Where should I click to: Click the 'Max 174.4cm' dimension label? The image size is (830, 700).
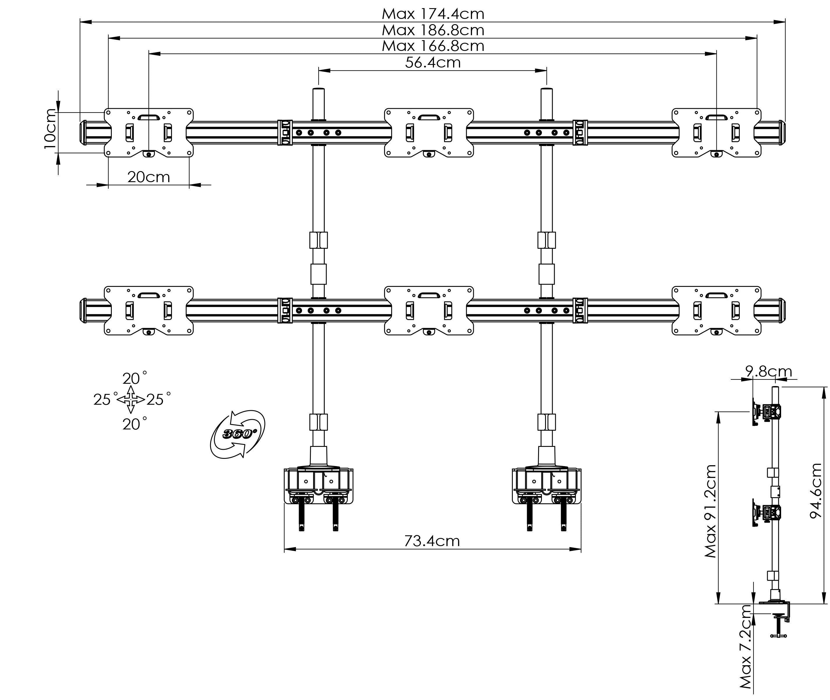pyautogui.click(x=433, y=14)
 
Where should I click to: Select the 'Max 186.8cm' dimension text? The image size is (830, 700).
pyautogui.click(x=433, y=31)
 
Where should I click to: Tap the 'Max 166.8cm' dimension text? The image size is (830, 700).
pyautogui.click(x=433, y=46)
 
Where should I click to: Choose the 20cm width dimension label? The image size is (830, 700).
pyautogui.click(x=148, y=177)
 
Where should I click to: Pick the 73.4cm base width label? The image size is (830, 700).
pyautogui.click(x=432, y=541)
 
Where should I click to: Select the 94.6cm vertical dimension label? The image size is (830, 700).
pyautogui.click(x=816, y=491)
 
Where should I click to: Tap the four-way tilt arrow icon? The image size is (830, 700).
pyautogui.click(x=131, y=399)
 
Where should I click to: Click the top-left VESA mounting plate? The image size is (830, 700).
pyautogui.click(x=148, y=133)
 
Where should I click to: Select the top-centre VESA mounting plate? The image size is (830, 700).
pyautogui.click(x=429, y=133)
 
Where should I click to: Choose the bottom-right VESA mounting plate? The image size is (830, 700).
pyautogui.click(x=717, y=311)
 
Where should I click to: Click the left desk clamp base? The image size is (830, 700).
pyautogui.click(x=318, y=487)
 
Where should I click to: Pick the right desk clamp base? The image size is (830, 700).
pyautogui.click(x=547, y=487)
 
